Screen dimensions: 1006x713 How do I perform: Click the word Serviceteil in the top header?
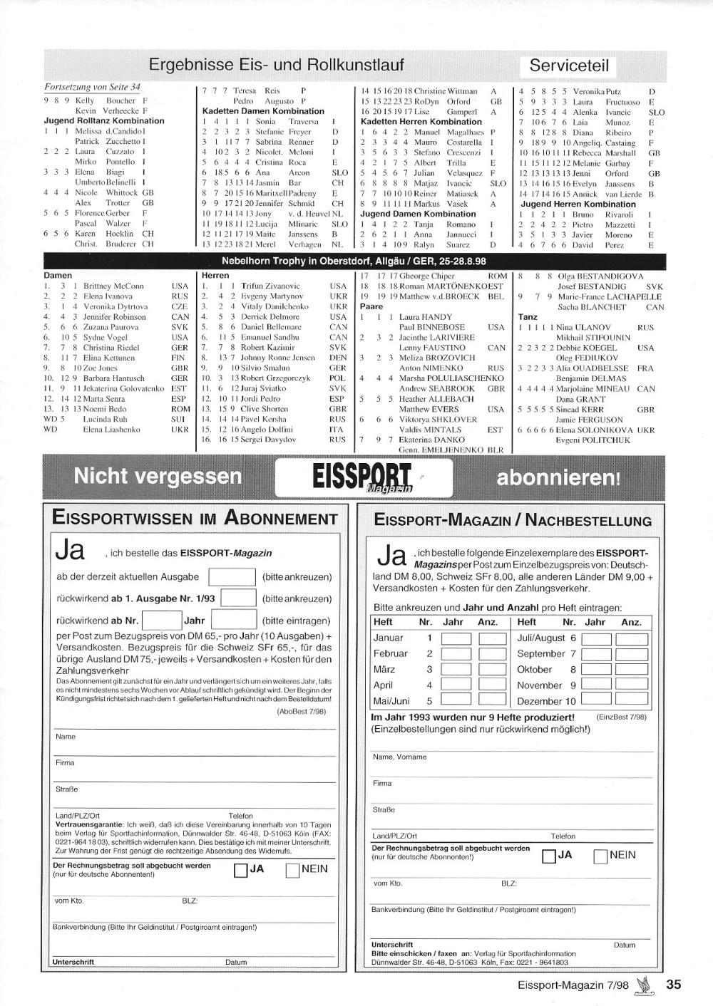(x=568, y=66)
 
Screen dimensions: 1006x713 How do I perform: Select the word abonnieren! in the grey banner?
(x=558, y=477)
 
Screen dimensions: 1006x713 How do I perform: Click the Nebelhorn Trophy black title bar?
(x=354, y=261)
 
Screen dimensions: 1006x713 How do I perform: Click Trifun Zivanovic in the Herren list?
(x=270, y=286)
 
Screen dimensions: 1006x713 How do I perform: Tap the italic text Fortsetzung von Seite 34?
(x=93, y=88)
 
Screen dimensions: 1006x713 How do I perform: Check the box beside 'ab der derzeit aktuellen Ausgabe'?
(x=231, y=576)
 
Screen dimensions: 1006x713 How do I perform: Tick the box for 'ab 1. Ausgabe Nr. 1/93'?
(x=239, y=598)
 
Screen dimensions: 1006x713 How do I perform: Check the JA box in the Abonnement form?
(x=241, y=870)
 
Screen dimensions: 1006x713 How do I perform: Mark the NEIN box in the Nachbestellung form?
(x=600, y=856)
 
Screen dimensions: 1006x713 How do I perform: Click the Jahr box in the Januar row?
(x=456, y=638)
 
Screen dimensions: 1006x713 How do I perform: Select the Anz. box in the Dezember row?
(x=631, y=700)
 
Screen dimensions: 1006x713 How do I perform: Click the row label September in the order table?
(x=540, y=653)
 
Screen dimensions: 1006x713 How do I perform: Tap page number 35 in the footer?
(x=674, y=984)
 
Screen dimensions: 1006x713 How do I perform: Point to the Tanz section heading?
(x=528, y=317)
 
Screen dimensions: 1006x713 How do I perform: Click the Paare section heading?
(x=371, y=307)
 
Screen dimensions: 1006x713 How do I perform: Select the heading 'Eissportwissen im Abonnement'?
(x=195, y=518)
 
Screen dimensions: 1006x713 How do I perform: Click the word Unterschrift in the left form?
(x=73, y=962)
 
